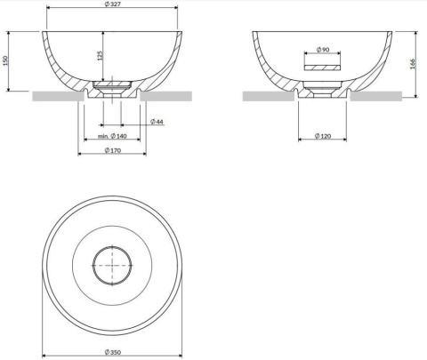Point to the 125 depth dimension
(100, 56)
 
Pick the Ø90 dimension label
(323, 50)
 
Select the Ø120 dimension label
(323, 136)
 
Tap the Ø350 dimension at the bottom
(112, 354)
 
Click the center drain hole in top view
(112, 265)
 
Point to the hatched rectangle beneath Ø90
(322, 65)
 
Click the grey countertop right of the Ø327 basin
(169, 95)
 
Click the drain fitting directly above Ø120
(322, 89)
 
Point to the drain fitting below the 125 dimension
(112, 88)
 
